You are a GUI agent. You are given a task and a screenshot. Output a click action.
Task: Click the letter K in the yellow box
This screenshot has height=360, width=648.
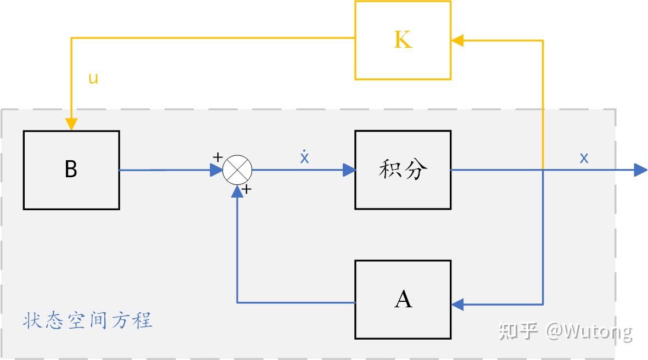click(403, 40)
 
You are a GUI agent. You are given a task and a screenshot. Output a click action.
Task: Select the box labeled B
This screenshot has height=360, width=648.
click(71, 170)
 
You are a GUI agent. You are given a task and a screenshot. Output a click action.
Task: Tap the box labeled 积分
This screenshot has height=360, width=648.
click(403, 170)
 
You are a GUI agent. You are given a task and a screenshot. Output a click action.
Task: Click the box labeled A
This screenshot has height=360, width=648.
click(403, 300)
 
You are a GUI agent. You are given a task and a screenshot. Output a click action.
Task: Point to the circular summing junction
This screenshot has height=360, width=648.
click(237, 170)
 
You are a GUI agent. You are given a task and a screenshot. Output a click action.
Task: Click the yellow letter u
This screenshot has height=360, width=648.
click(93, 78)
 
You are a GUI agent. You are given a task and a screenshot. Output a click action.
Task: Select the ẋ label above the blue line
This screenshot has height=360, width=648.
click(305, 157)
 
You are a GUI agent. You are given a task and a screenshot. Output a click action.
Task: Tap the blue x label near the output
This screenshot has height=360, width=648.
click(584, 158)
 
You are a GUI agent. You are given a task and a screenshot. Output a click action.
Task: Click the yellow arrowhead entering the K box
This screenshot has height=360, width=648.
click(457, 40)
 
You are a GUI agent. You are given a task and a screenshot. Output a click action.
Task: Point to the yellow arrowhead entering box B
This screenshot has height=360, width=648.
click(71, 124)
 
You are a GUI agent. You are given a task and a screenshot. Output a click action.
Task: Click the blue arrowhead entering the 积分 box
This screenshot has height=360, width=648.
click(349, 170)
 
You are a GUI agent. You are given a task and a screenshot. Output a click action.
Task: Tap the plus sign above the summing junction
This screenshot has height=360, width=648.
click(217, 157)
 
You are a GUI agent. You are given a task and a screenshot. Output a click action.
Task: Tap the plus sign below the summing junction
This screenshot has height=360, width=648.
click(247, 190)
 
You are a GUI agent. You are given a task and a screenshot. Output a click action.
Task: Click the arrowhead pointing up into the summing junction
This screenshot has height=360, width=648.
click(237, 190)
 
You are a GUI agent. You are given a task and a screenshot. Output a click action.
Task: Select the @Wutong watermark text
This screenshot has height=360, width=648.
click(589, 331)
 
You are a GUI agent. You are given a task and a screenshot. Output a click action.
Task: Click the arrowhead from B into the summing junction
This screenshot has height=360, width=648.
click(216, 170)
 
